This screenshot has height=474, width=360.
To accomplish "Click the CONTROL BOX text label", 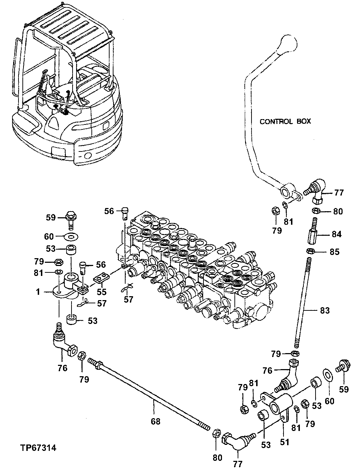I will (x=285, y=121).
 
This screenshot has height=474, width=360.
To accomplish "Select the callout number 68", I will (x=155, y=422).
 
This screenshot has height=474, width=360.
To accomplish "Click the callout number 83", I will (x=324, y=310).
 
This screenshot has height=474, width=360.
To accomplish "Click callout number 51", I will (x=285, y=442).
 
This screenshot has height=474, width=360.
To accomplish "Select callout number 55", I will (x=102, y=292).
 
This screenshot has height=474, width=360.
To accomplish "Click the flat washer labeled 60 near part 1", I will (x=72, y=236).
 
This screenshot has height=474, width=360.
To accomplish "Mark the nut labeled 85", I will (x=310, y=252).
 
